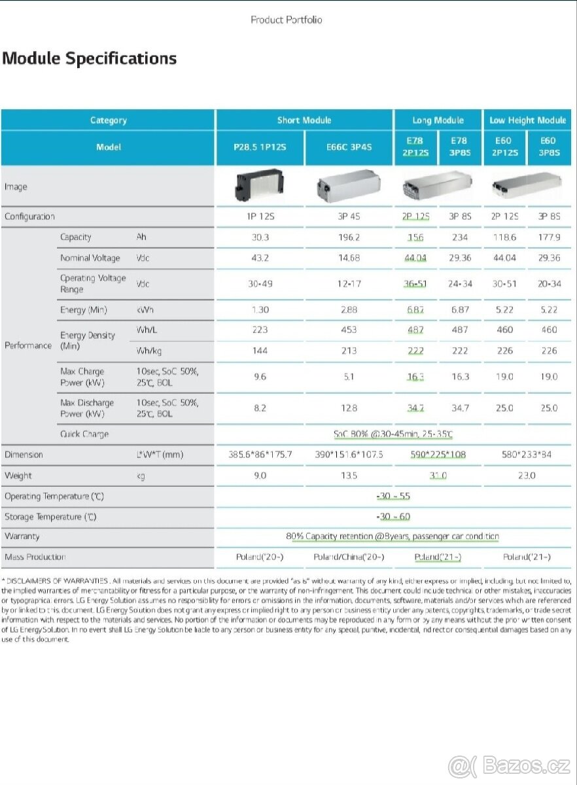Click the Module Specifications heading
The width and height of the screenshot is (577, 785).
pyautogui.click(x=90, y=58)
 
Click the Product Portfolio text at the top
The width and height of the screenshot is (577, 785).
pyautogui.click(x=287, y=20)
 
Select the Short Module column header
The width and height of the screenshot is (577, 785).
pyautogui.click(x=304, y=120)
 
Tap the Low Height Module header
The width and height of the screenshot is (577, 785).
pyautogui.click(x=527, y=120)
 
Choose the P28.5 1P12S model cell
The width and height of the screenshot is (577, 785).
pyautogui.click(x=260, y=147)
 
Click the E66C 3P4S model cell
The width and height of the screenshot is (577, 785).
pyautogui.click(x=349, y=147)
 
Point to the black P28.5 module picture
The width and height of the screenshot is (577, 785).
pyautogui.click(x=260, y=187)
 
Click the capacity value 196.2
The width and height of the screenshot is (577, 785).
pyautogui.click(x=349, y=237)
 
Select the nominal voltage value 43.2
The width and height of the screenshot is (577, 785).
pyautogui.click(x=260, y=258)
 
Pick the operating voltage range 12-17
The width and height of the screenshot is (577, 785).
pyautogui.click(x=349, y=284)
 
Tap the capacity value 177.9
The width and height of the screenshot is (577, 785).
pyautogui.click(x=549, y=237)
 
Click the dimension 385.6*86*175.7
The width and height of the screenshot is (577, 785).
pyautogui.click(x=260, y=455)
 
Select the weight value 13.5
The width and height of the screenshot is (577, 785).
pyautogui.click(x=349, y=476)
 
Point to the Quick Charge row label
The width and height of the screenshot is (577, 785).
pyautogui.click(x=84, y=434)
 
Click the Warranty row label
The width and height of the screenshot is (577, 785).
pyautogui.click(x=22, y=536)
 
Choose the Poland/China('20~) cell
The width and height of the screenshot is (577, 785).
pyautogui.click(x=349, y=557)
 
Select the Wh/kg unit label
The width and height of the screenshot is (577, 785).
pyautogui.click(x=149, y=351)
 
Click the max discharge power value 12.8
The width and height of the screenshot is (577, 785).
pyautogui.click(x=349, y=408)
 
